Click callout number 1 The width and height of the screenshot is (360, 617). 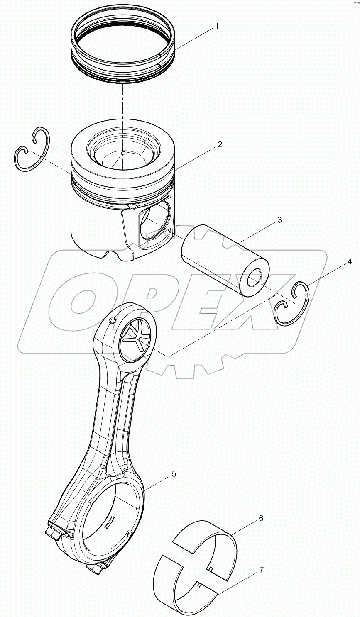pyautogui.click(x=216, y=26)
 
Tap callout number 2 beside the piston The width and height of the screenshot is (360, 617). pyautogui.click(x=220, y=144)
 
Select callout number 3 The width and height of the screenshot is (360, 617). pyautogui.click(x=279, y=220)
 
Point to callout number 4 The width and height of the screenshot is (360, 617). pyautogui.click(x=349, y=261)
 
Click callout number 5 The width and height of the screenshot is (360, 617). pyautogui.click(x=174, y=473)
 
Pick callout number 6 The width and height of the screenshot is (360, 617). pyautogui.click(x=260, y=518)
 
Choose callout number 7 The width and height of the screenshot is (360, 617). pyautogui.click(x=261, y=570)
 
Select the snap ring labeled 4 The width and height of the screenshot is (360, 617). pyautogui.click(x=293, y=304)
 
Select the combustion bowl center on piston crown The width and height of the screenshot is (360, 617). pyautogui.click(x=123, y=153)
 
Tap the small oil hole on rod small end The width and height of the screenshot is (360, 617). pyautogui.click(x=112, y=321)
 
